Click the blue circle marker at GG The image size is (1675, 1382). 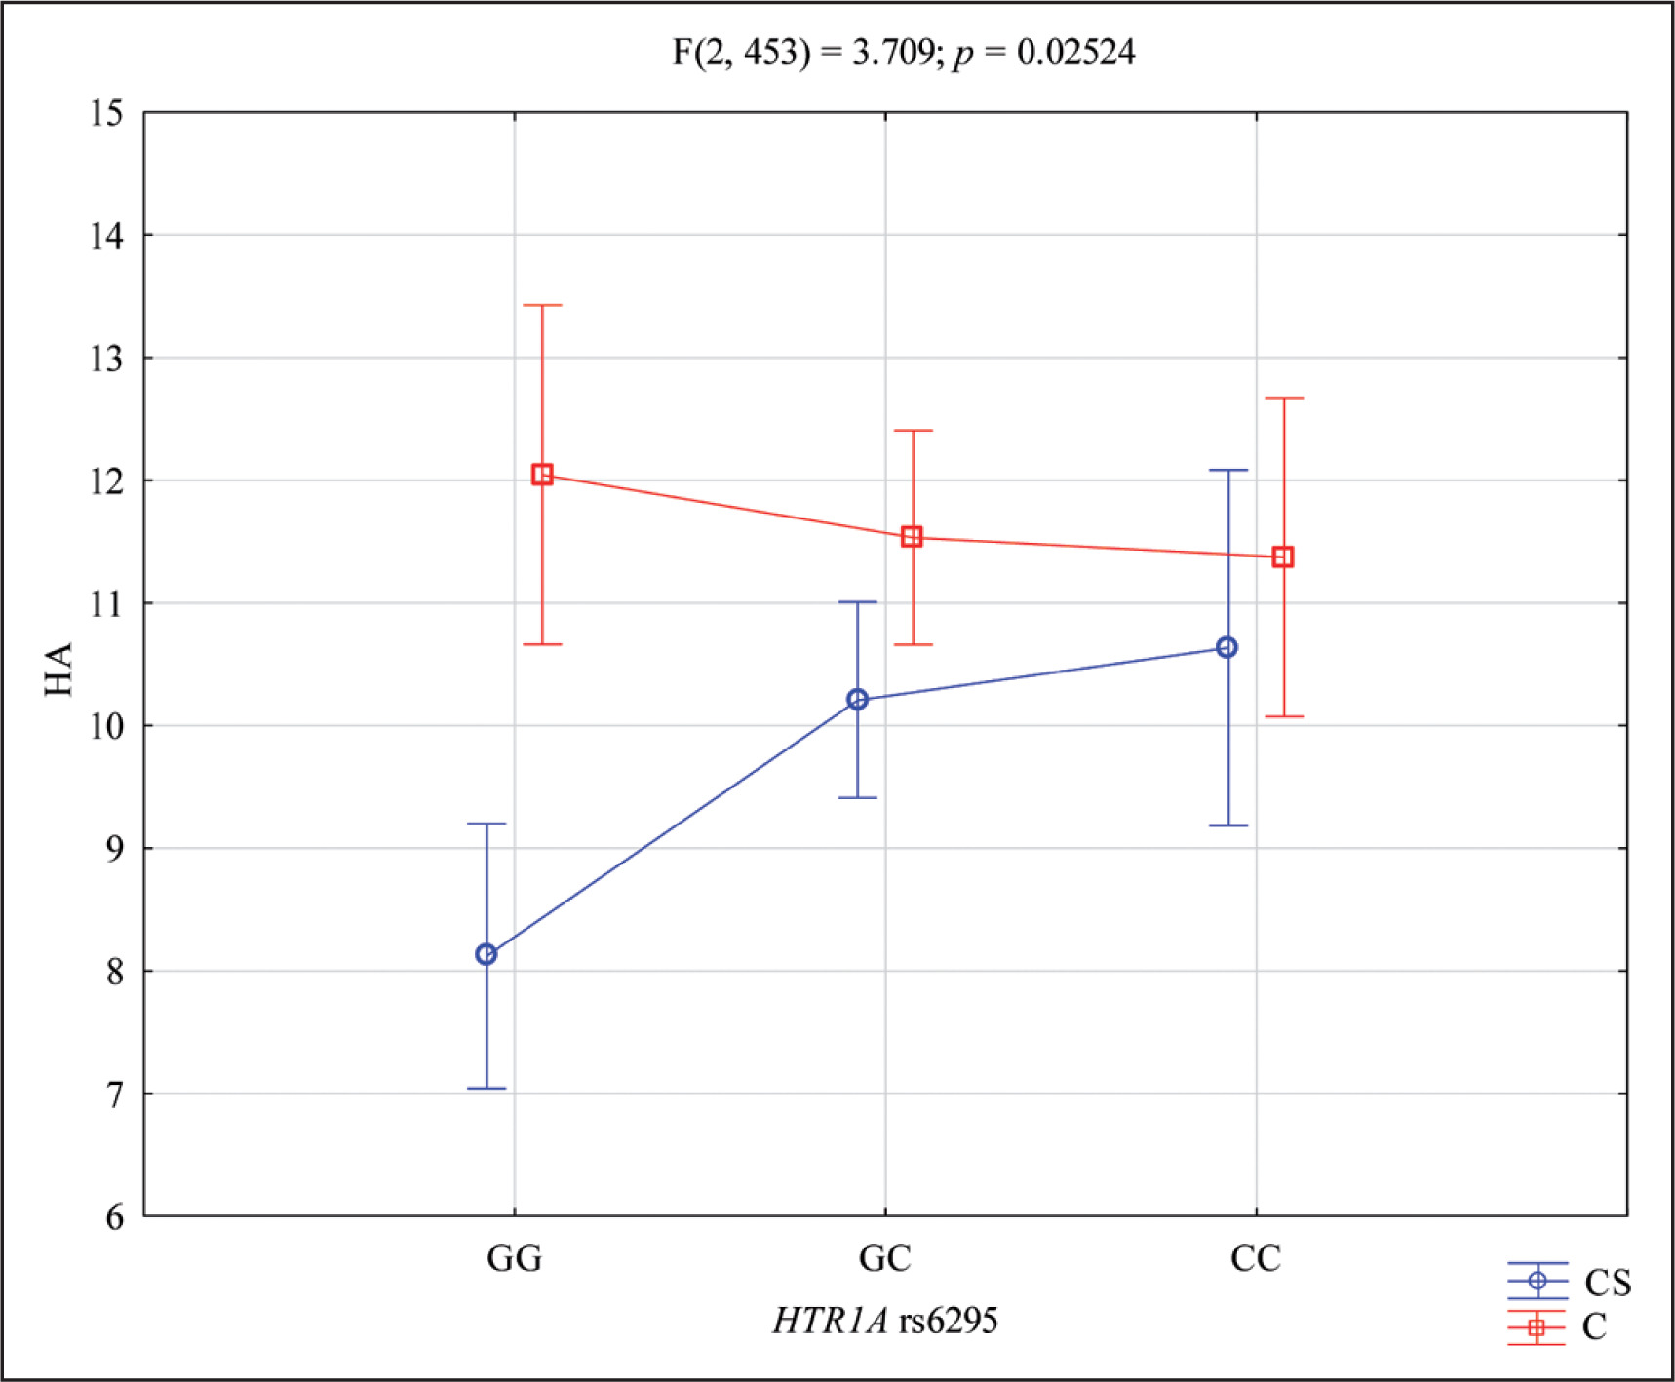pos(487,954)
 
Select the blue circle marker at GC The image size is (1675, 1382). pos(857,699)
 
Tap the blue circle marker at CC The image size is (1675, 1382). pos(1227,647)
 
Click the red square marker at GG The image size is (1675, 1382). pos(542,475)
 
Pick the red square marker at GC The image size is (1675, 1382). pos(912,537)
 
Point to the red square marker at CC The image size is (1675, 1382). pos(1283,557)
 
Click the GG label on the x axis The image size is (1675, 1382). pos(514,1258)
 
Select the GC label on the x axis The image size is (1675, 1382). pos(884,1258)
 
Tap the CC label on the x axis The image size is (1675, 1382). pos(1255,1258)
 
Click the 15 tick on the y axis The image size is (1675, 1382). pos(107,113)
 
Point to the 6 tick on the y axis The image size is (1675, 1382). pos(115,1216)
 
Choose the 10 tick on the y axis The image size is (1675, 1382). pos(107,726)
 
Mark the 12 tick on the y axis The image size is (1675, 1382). pos(107,480)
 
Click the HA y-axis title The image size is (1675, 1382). pos(59,669)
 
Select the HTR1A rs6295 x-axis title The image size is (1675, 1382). pos(884,1321)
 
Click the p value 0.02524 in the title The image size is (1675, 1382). pos(1075,52)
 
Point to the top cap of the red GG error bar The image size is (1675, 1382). pos(542,305)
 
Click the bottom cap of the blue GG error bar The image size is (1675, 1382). pos(487,1088)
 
